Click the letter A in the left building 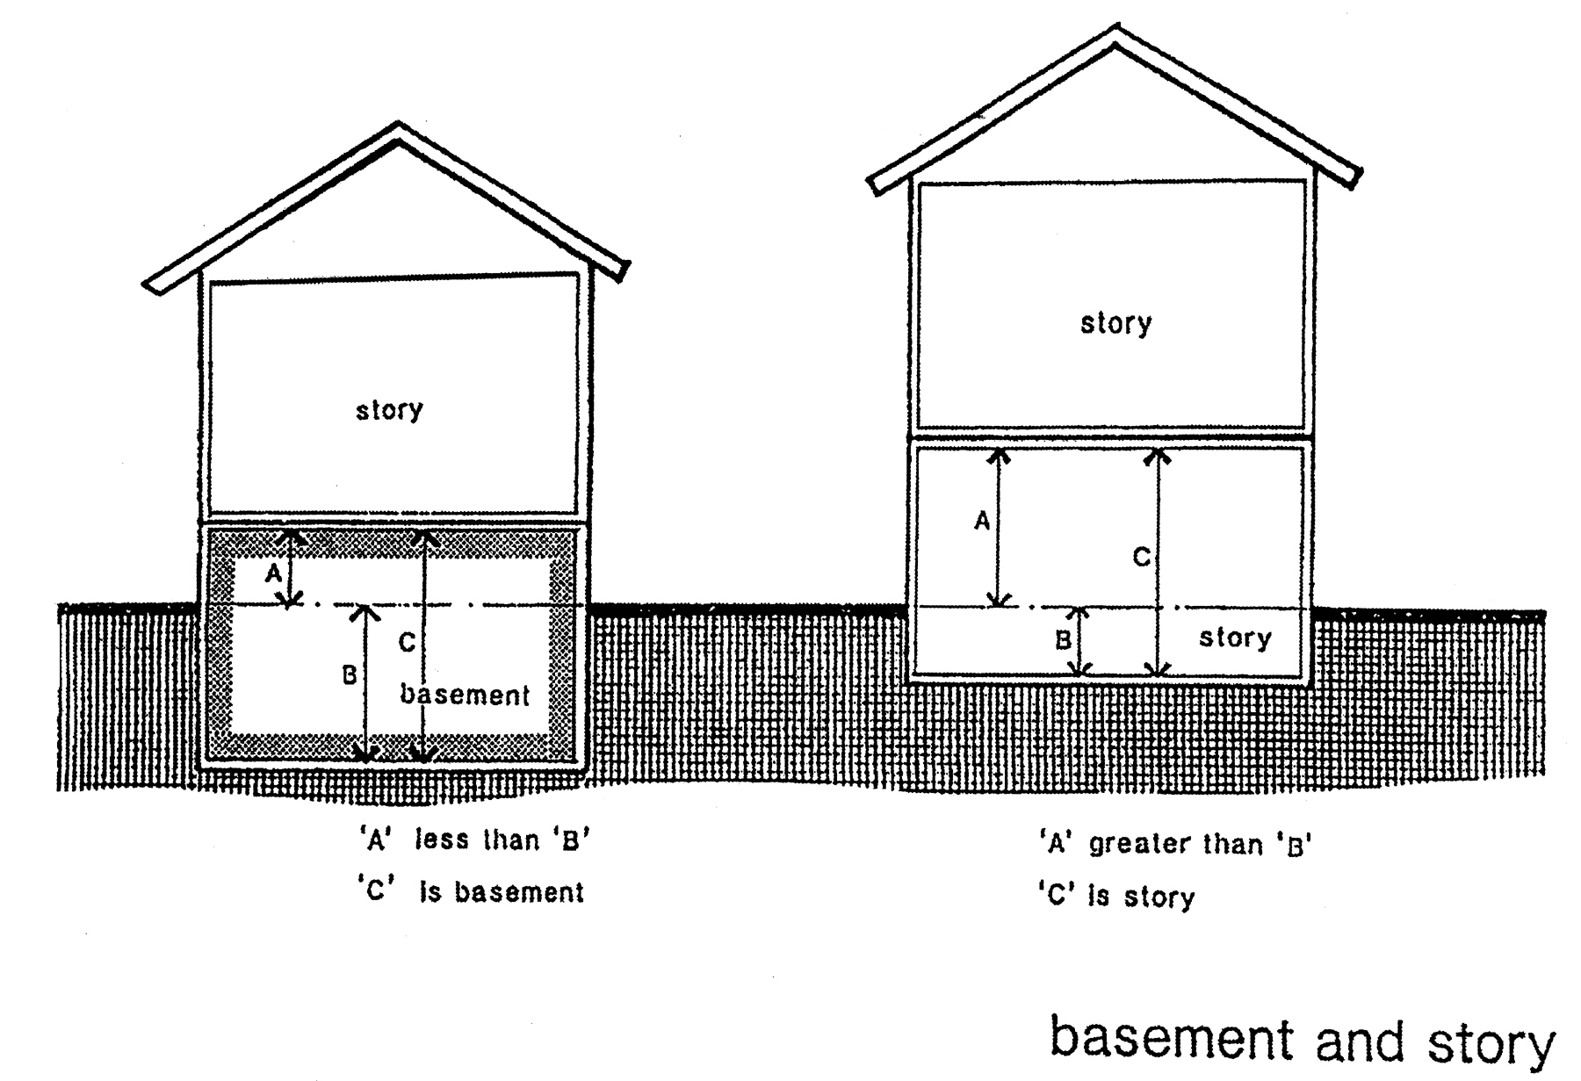click(x=274, y=574)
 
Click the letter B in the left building click(x=350, y=675)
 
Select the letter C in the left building click(x=407, y=643)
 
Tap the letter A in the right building click(x=982, y=522)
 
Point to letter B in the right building click(x=1063, y=640)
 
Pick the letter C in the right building click(x=1141, y=557)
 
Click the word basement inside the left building click(x=465, y=695)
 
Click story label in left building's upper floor click(x=389, y=410)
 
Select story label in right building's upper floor click(x=1115, y=323)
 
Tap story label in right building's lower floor click(x=1235, y=638)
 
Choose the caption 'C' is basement click(x=471, y=892)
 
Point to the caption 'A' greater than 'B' click(x=1175, y=845)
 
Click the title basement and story click(x=1302, y=1041)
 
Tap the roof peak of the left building click(x=400, y=127)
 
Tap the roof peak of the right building click(x=1115, y=32)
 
